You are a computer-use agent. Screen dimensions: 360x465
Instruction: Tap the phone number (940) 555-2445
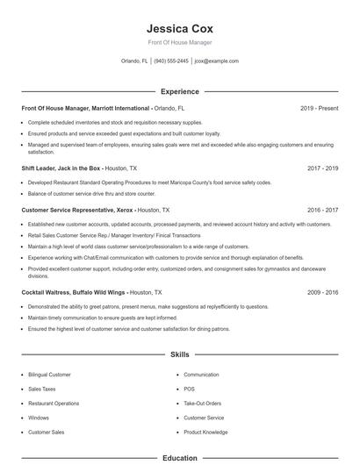pyautogui.click(x=172, y=61)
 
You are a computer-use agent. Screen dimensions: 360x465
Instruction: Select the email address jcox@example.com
pyautogui.click(x=216, y=61)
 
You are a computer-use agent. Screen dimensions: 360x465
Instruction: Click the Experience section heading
pyautogui.click(x=179, y=91)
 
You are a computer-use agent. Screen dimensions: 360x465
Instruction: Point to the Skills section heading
pyautogui.click(x=179, y=354)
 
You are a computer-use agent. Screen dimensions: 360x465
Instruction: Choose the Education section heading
pyautogui.click(x=179, y=458)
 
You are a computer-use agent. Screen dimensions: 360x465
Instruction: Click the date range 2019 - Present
pyautogui.click(x=319, y=108)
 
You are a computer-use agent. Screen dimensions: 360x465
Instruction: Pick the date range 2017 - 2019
pyautogui.click(x=322, y=167)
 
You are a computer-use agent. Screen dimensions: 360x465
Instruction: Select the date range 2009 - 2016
pyautogui.click(x=322, y=291)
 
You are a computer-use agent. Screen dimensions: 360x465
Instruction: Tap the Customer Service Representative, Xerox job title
pyautogui.click(x=76, y=211)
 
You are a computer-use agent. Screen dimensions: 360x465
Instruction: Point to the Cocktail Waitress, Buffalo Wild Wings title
pyautogui.click(x=74, y=291)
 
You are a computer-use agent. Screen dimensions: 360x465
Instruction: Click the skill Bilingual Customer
pyautogui.click(x=49, y=375)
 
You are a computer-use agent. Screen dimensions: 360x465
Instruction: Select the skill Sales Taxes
pyautogui.click(x=41, y=389)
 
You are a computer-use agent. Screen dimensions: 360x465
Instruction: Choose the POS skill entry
pyautogui.click(x=189, y=389)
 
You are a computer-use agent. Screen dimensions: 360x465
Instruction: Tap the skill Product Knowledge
pyautogui.click(x=205, y=433)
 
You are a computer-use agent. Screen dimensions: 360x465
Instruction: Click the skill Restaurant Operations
pyautogui.click(x=54, y=404)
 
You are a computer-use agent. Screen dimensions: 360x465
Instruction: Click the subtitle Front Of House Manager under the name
pyautogui.click(x=179, y=42)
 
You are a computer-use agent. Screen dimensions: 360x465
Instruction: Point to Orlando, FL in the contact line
pyautogui.click(x=134, y=61)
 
